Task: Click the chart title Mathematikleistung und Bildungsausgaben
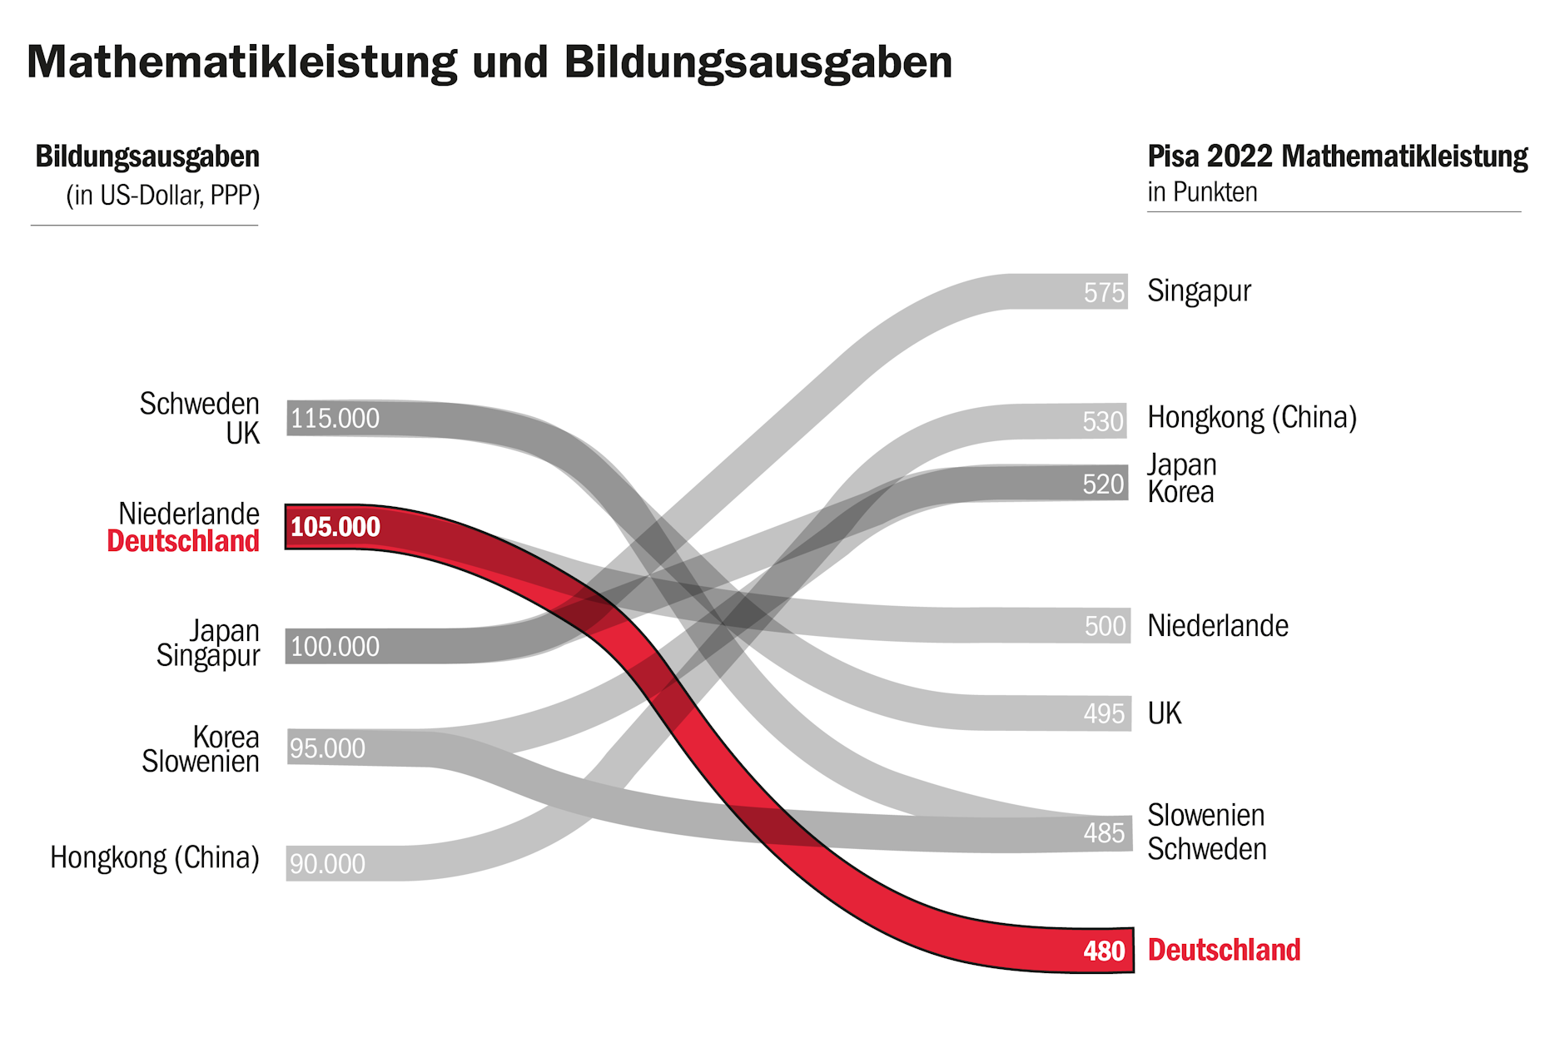489,62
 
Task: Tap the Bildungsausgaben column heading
147,156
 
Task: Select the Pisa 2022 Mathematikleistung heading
1337,156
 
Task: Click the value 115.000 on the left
335,418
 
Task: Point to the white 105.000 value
335,527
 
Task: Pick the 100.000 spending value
335,647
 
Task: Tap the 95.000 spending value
327,748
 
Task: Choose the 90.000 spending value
327,864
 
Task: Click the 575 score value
1104,292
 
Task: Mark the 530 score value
1103,422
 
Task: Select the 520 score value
1103,484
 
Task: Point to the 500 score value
1105,626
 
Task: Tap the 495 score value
1104,713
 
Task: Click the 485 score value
1104,832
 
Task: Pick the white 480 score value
1104,951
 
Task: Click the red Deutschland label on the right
1224,950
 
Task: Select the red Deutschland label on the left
183,541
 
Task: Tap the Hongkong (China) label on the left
155,857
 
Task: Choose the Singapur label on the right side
1199,291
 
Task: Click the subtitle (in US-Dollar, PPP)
163,196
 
